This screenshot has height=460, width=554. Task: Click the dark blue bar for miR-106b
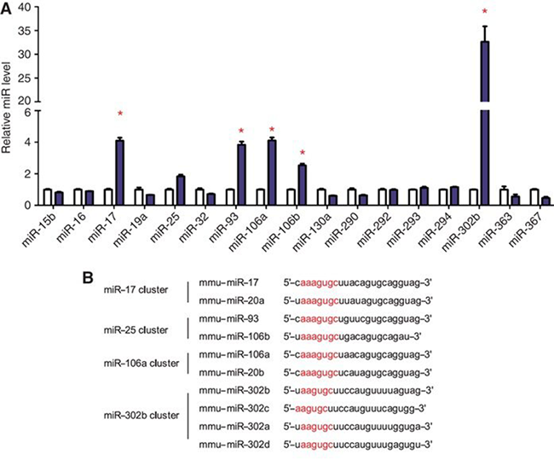(x=302, y=184)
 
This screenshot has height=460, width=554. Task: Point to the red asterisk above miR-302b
(x=485, y=12)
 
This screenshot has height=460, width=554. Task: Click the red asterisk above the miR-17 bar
(x=120, y=114)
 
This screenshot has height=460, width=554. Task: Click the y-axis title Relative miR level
(x=8, y=102)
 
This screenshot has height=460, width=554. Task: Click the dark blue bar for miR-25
(x=181, y=189)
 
